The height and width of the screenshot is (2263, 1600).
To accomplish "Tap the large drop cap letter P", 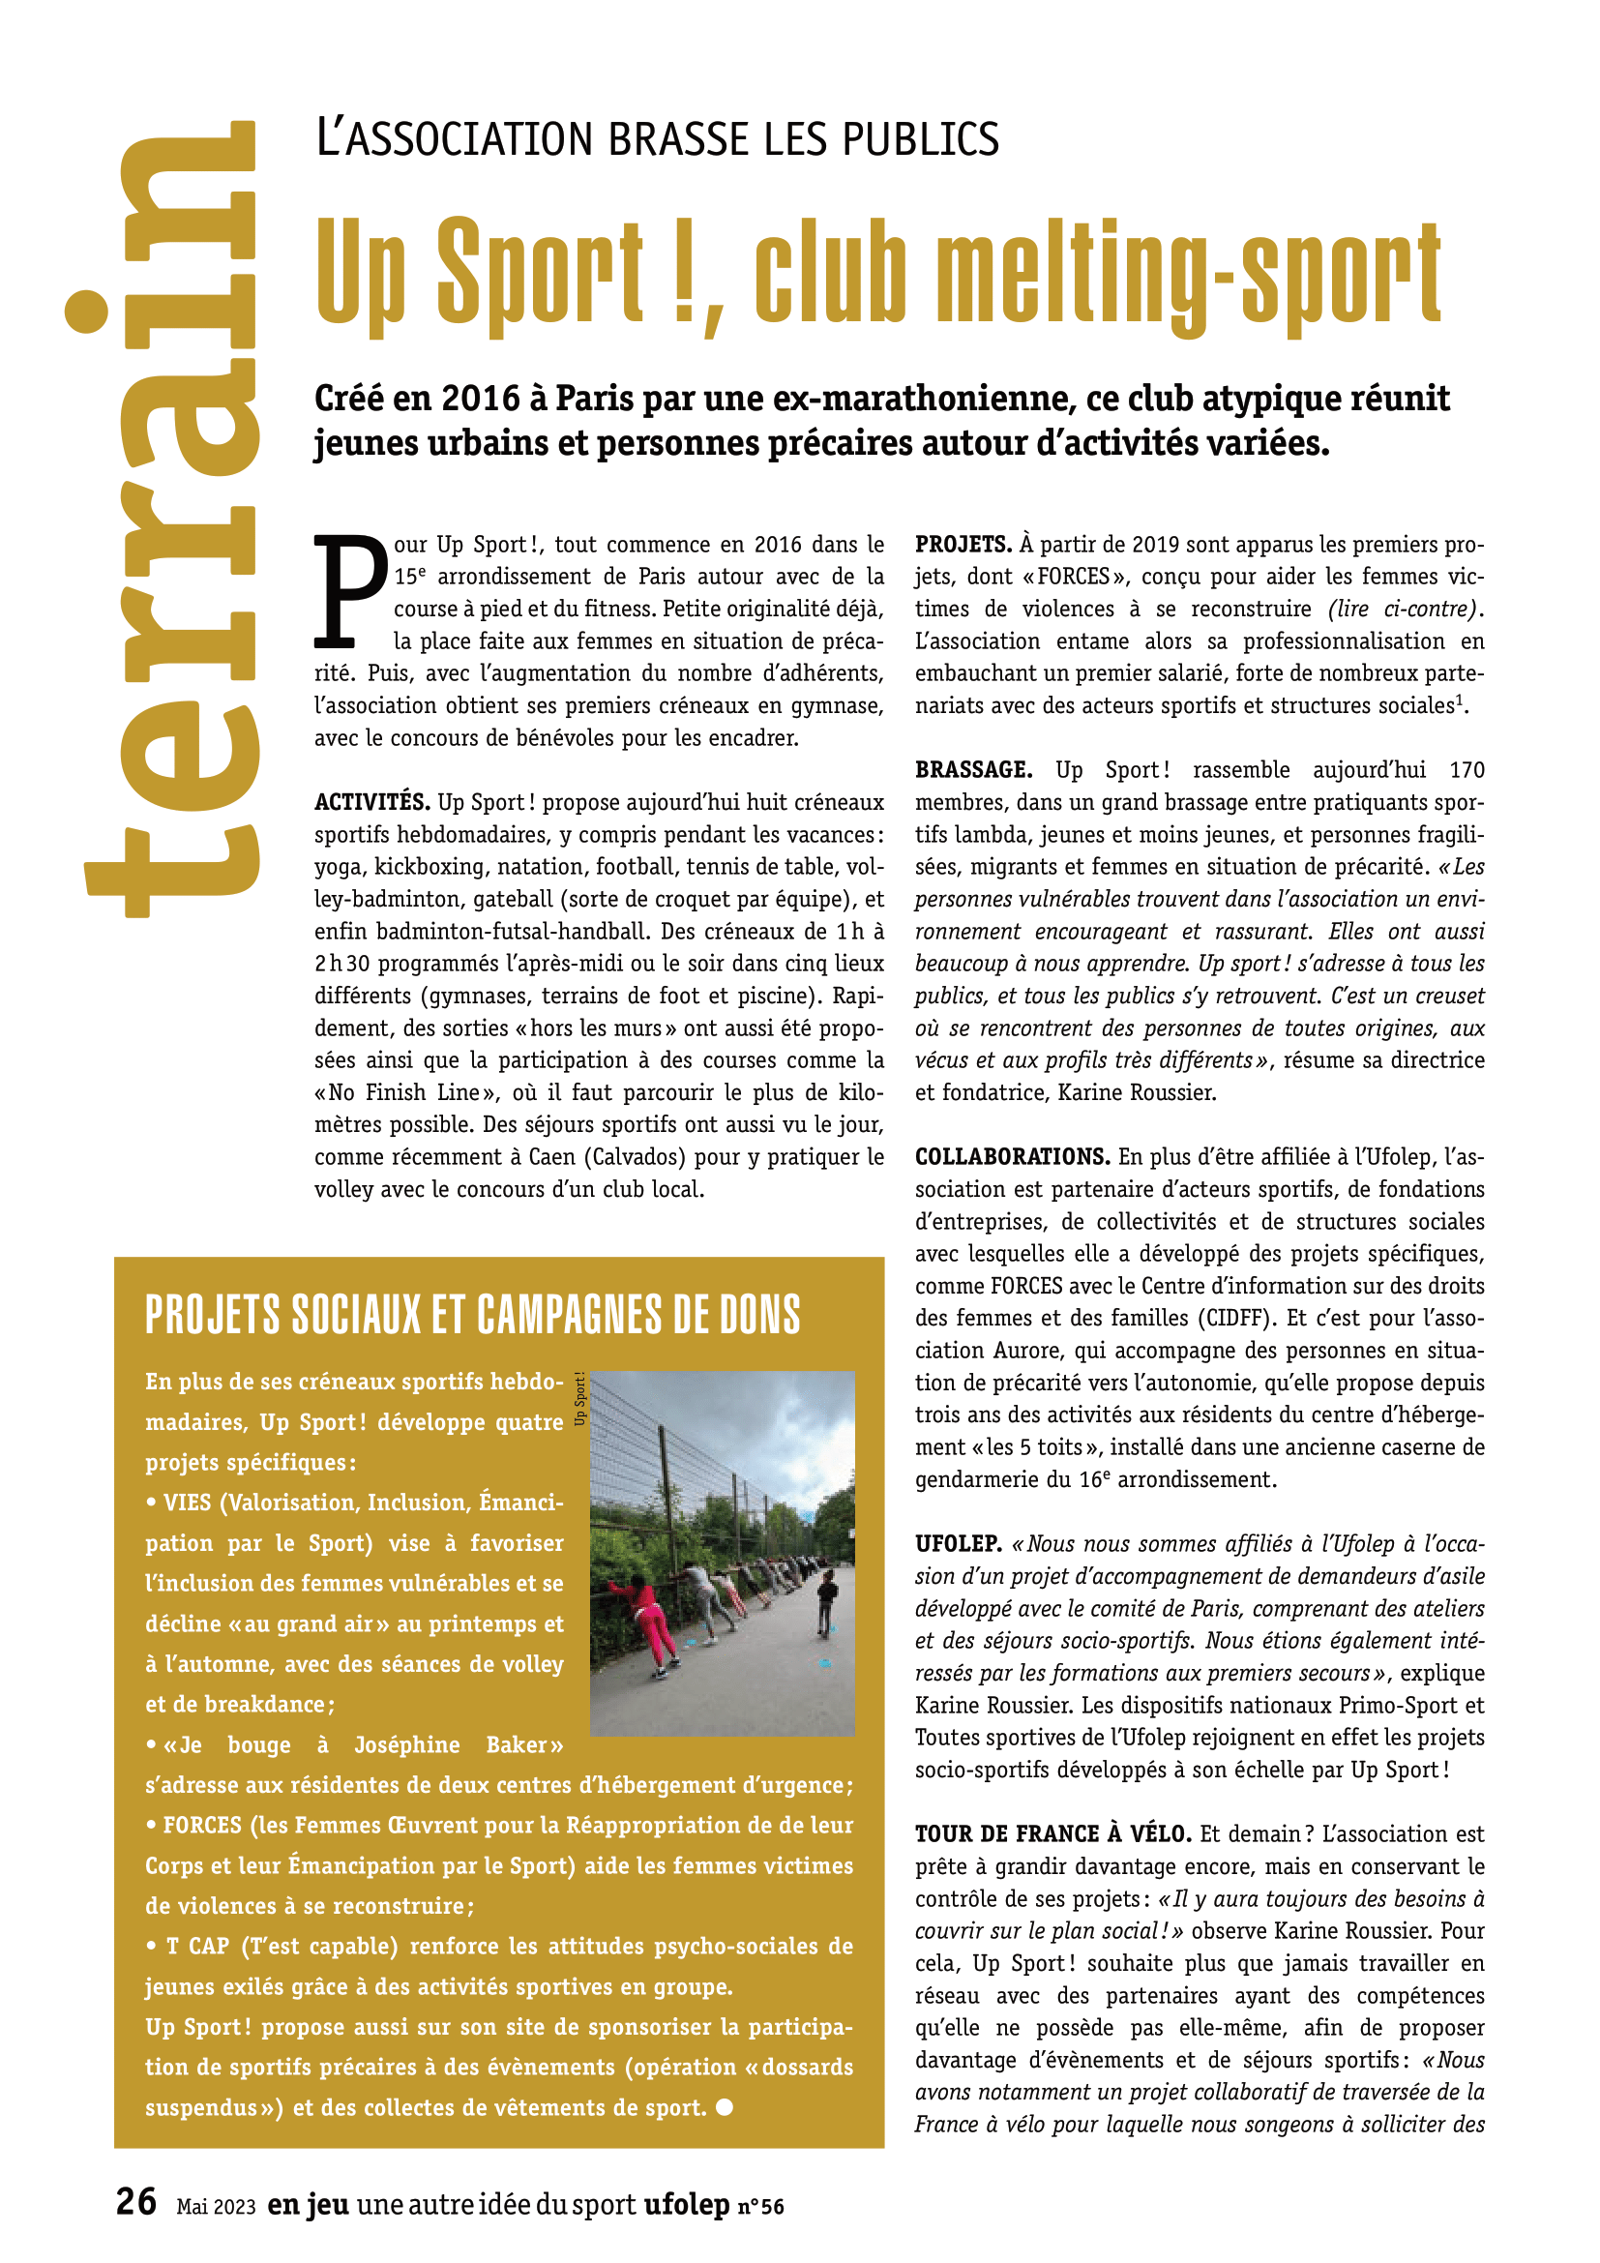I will tap(350, 591).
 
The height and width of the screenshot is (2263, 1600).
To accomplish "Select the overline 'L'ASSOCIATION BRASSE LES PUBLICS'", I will tap(657, 139).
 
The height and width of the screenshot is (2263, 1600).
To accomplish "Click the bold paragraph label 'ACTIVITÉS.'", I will tap(371, 802).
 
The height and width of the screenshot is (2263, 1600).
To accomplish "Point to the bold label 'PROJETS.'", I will tap(963, 544).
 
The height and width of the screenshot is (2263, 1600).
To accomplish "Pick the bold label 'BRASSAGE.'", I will tap(972, 770).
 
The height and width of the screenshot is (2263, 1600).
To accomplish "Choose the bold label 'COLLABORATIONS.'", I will tap(1012, 1156).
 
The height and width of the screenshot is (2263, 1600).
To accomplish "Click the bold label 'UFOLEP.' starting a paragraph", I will tap(958, 1543).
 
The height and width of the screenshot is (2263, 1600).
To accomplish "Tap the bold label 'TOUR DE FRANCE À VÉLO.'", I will tap(1052, 1833).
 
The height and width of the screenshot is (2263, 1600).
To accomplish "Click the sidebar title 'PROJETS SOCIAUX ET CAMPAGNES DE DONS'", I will tap(473, 1315).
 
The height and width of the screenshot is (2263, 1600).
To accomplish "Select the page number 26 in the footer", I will tap(136, 2201).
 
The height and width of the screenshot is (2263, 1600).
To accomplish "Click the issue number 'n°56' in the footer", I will tap(760, 2207).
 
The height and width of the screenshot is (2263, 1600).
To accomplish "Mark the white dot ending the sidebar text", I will tap(725, 2107).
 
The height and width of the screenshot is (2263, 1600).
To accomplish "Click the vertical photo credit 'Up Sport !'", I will tap(580, 1398).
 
